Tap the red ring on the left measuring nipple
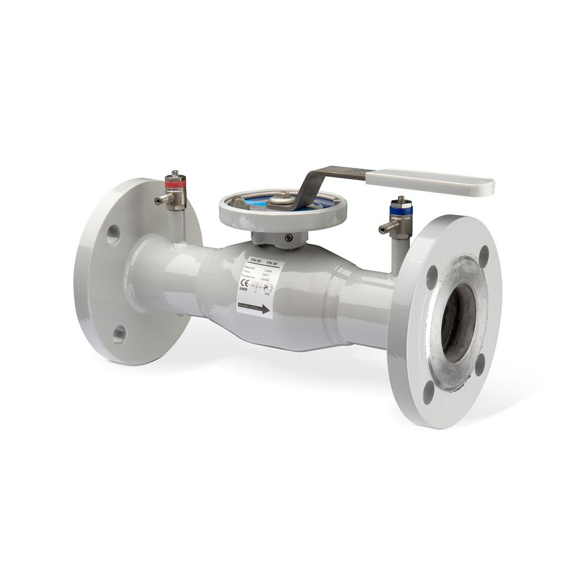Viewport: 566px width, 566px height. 175,184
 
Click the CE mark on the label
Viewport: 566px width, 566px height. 245,284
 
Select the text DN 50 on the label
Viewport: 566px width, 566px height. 255,260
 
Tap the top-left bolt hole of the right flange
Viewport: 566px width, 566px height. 432,277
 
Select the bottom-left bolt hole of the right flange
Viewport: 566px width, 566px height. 429,391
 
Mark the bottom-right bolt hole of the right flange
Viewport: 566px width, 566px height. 480,364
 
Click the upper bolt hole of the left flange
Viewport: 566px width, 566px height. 113,235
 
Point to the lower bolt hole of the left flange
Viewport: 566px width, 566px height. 119,333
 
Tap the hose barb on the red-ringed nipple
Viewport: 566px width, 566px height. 161,200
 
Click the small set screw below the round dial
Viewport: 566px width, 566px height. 288,237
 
